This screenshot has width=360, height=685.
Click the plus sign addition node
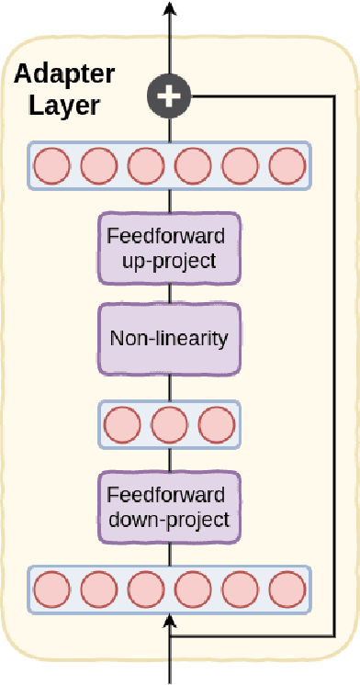tap(169, 95)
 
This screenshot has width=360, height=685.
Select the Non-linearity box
tap(169, 338)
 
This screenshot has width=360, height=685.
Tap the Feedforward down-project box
tap(169, 507)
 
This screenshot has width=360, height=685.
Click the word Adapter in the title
tap(64, 73)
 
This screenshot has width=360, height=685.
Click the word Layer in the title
tap(57, 105)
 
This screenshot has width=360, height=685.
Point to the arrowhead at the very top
tap(169, 7)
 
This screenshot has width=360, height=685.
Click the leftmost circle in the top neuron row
tap(51, 166)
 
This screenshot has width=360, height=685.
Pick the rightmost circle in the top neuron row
tap(287, 166)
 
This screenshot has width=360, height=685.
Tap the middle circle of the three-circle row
tap(169, 425)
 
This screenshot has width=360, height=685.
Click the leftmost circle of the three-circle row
tap(122, 425)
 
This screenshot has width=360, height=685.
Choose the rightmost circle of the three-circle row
tap(217, 425)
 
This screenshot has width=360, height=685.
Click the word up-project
tap(169, 261)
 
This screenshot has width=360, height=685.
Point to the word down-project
tap(169, 521)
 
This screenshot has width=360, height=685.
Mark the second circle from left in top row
tap(98, 166)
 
